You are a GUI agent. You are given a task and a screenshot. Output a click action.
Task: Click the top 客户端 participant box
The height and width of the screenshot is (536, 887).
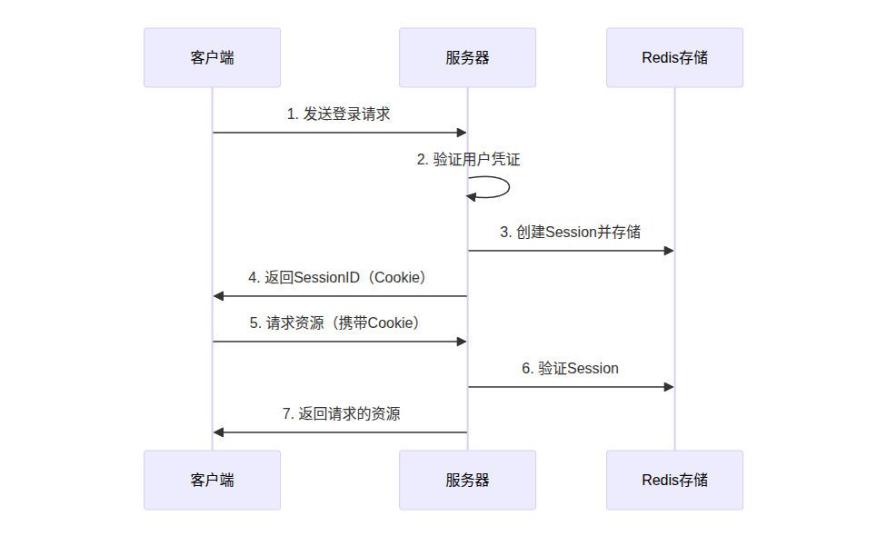pos(212,57)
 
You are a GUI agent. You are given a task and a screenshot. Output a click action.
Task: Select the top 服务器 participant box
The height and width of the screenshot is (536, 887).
pos(467,57)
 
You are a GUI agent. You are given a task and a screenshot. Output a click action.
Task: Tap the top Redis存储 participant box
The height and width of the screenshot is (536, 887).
pos(675,57)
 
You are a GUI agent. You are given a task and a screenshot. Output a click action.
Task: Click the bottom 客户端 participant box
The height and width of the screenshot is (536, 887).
pos(212,480)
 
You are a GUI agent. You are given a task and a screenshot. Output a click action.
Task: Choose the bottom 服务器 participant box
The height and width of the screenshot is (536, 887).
pos(467,480)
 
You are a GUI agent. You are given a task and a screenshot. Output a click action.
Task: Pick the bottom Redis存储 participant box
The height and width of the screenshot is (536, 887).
pos(675,480)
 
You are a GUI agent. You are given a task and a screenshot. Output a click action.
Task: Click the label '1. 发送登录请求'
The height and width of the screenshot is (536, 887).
pos(338,114)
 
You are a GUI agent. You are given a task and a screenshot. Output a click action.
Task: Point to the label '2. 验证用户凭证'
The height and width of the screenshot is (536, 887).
pos(468,160)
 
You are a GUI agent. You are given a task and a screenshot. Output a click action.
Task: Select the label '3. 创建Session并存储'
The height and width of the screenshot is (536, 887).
pos(570,232)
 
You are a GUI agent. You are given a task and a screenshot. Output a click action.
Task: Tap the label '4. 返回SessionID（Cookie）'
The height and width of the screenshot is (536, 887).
pos(338,278)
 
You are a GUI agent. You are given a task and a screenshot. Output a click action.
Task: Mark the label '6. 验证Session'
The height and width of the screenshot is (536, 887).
pos(570,369)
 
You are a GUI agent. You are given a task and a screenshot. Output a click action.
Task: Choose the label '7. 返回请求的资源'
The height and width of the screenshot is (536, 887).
pos(341,414)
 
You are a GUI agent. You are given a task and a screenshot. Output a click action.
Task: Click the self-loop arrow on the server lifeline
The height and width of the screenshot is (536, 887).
pos(509,187)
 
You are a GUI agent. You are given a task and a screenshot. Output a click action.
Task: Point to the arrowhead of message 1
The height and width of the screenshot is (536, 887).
pos(462,133)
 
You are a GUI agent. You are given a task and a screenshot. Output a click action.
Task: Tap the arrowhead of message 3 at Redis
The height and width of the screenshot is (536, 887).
pos(669,251)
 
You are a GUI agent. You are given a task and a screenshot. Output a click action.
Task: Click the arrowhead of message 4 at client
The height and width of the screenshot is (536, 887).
pos(218,295)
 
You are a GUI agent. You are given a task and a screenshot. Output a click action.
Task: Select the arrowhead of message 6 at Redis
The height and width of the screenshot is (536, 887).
pos(669,387)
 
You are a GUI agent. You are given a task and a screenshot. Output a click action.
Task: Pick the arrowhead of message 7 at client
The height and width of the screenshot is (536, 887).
pos(218,432)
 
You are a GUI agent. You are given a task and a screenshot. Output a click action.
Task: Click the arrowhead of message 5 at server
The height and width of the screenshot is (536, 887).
pos(462,342)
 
